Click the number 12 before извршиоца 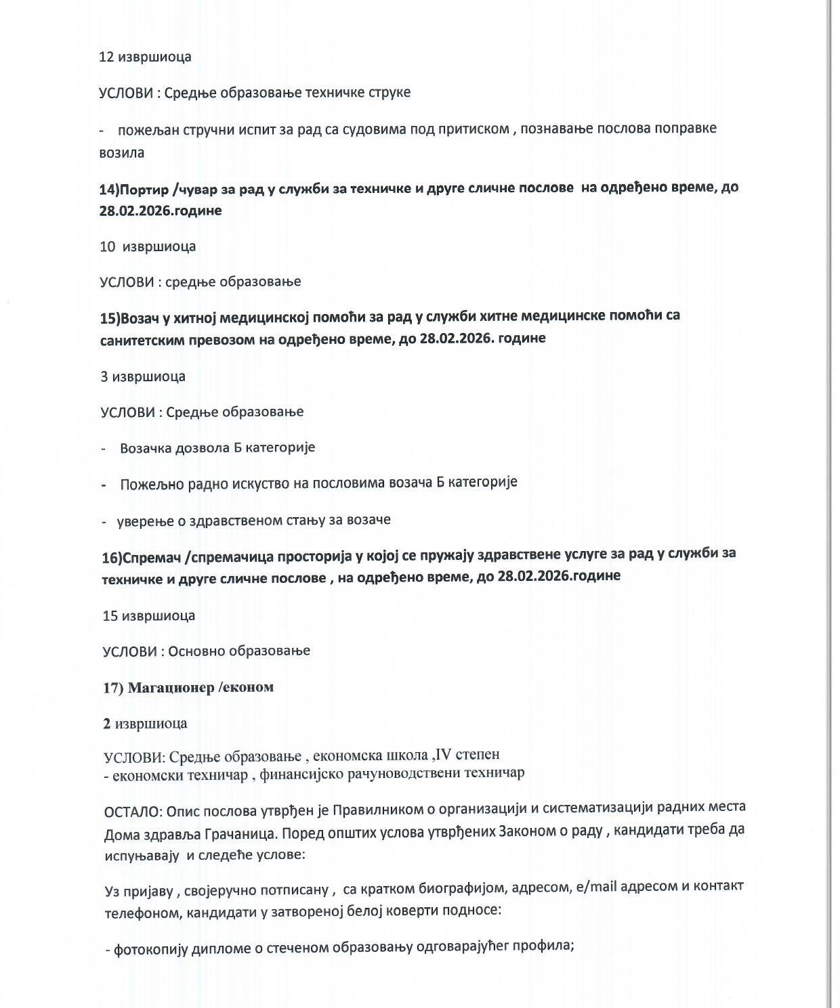pos(106,57)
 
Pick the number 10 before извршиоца pos(108,246)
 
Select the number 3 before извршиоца pos(104,376)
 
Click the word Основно pos(196,651)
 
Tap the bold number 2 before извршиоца pos(107,724)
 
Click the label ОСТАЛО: pos(133,809)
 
